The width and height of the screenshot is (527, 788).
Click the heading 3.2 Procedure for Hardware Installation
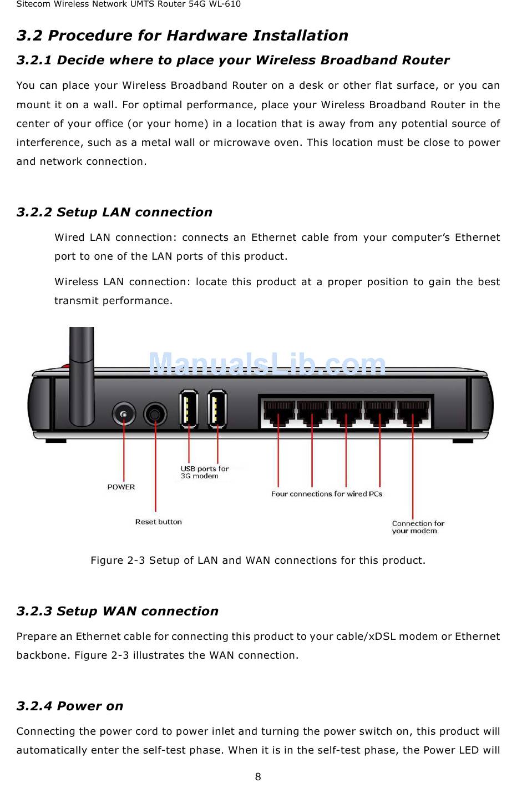pyautogui.click(x=182, y=36)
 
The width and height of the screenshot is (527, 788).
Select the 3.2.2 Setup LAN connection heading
pyautogui.click(x=114, y=212)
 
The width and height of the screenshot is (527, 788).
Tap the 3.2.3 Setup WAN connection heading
pyautogui.click(x=117, y=611)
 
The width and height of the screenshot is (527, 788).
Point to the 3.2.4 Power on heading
pyautogui.click(x=70, y=706)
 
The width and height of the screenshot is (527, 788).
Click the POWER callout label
pyautogui.click(x=121, y=487)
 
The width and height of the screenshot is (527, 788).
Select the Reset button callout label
pyautogui.click(x=158, y=522)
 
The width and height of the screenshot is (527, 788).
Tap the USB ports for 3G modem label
pyautogui.click(x=204, y=472)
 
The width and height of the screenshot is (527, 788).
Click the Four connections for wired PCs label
pyautogui.click(x=326, y=494)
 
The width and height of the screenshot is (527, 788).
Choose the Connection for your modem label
pyautogui.click(x=418, y=527)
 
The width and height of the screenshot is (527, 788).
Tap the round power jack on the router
pyautogui.click(x=124, y=415)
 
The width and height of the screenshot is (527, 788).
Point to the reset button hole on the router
pyautogui.click(x=155, y=415)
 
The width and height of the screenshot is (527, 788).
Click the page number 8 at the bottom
pyautogui.click(x=258, y=776)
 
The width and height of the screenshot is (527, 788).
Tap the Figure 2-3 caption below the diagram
pyautogui.click(x=258, y=560)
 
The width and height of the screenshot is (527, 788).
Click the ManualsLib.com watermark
pyautogui.click(x=267, y=365)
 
